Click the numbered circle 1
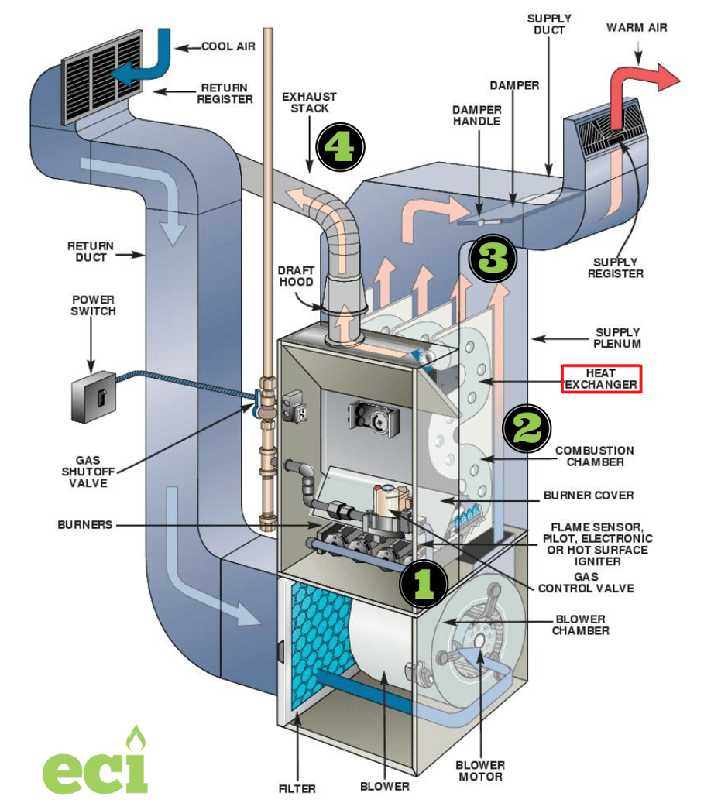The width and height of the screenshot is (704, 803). [423, 582]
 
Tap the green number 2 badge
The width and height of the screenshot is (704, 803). [527, 427]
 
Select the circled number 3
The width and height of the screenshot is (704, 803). [493, 259]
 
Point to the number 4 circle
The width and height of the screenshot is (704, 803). [342, 145]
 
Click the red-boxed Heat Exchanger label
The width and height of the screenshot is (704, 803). [601, 379]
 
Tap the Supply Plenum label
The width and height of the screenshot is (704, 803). [617, 337]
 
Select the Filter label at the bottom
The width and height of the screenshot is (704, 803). [297, 789]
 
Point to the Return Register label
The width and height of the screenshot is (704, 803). [225, 94]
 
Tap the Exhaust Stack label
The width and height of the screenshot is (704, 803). [309, 102]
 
